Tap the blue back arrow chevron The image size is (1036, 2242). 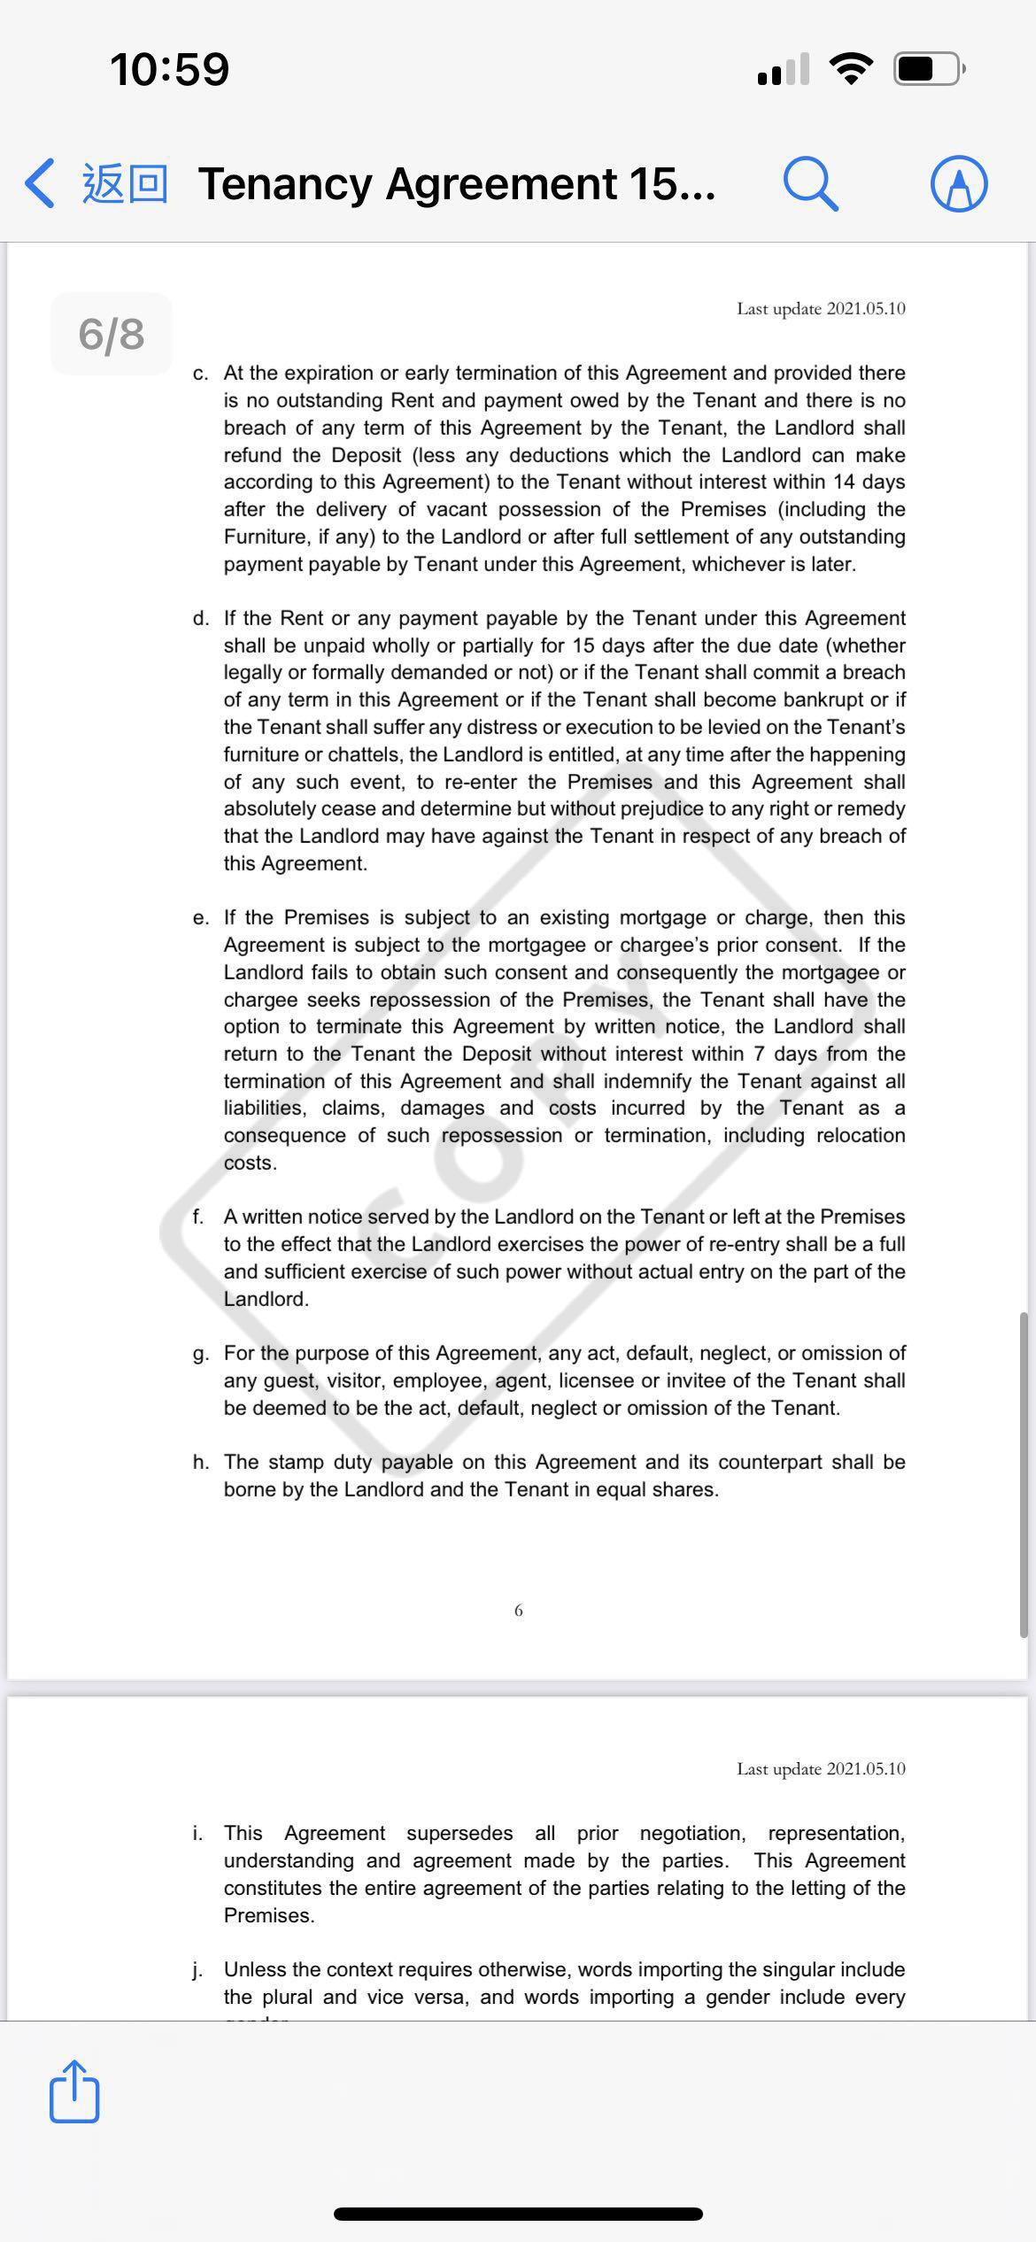click(x=41, y=183)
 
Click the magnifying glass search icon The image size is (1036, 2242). click(x=810, y=184)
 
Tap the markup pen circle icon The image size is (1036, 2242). click(x=959, y=184)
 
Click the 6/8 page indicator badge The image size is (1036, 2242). click(x=112, y=334)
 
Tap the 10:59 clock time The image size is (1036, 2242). click(x=169, y=69)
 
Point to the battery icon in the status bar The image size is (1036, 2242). click(x=928, y=68)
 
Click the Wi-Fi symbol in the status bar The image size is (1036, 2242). click(x=850, y=68)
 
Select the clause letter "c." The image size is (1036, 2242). click(x=201, y=373)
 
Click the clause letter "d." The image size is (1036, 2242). click(x=201, y=618)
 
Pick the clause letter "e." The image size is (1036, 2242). click(x=201, y=917)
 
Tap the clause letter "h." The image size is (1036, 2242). click(x=201, y=1462)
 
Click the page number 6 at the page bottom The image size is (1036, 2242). click(x=518, y=1610)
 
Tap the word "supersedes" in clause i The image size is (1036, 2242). click(x=460, y=1833)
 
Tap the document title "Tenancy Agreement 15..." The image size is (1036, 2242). click(x=457, y=184)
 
